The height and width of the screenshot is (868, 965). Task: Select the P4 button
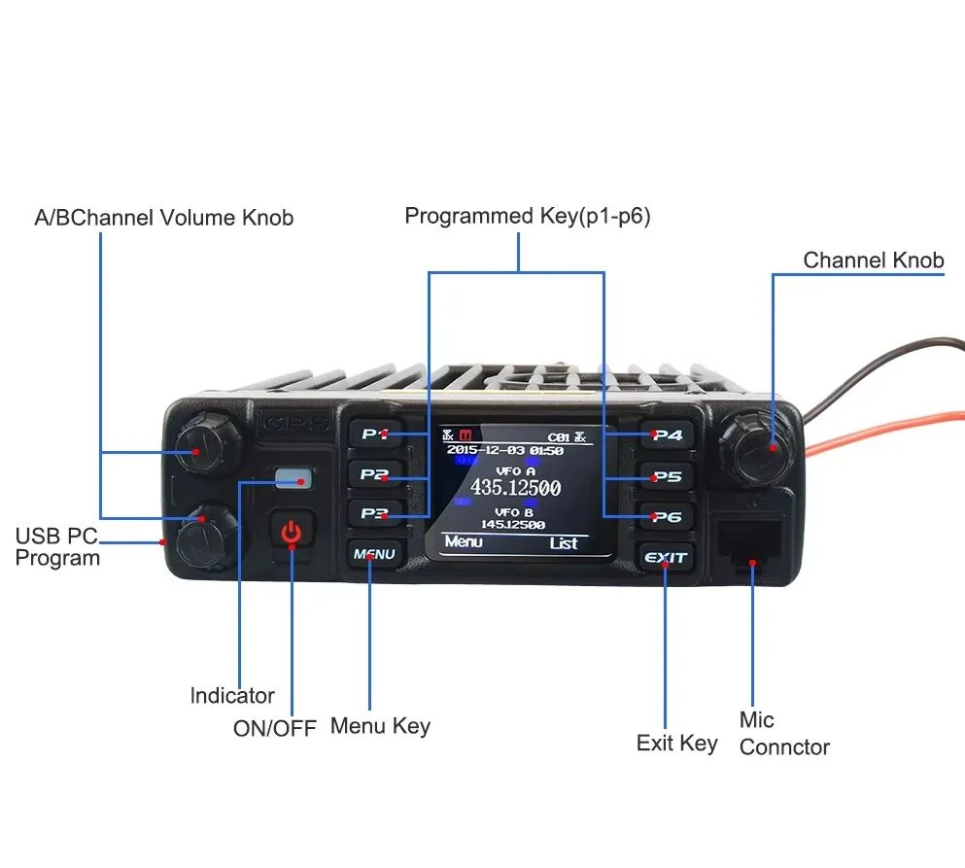[x=667, y=435]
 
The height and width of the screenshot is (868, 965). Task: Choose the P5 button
[x=667, y=477]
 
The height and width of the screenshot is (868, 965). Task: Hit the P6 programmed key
[x=667, y=517]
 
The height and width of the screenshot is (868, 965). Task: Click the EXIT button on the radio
[x=666, y=558]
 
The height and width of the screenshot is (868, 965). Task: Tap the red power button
[x=291, y=532]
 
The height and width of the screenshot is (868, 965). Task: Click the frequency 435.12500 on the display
[x=515, y=488]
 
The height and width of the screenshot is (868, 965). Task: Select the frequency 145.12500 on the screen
[x=513, y=525]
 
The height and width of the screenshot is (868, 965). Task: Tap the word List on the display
[x=564, y=543]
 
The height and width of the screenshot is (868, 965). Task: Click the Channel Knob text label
[x=873, y=260]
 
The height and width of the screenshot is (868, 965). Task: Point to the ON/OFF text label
[x=274, y=728]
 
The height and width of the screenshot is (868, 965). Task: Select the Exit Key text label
[x=676, y=744]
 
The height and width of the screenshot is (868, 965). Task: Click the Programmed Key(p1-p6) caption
[x=527, y=216]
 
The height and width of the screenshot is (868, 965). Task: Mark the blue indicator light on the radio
[x=293, y=477]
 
